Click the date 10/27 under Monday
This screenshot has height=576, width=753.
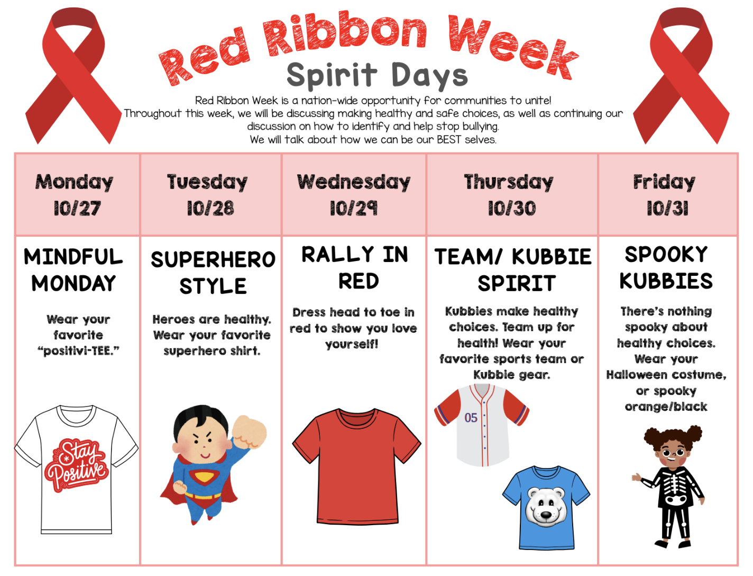point(77,208)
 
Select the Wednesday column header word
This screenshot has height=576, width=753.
point(354,182)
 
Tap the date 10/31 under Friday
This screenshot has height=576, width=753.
point(667,208)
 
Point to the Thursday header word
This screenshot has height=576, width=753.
point(509,182)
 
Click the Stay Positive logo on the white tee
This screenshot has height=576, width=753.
point(77,465)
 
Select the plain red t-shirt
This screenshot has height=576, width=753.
point(357,466)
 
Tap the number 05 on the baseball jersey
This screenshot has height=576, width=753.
point(471,418)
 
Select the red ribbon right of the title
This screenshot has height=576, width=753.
point(681,76)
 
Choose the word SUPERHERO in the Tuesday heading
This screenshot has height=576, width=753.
point(213,259)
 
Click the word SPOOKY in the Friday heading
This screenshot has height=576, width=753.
point(666,255)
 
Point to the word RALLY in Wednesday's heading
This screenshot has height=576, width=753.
point(337,255)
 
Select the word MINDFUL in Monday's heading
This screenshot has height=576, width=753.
point(73,257)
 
